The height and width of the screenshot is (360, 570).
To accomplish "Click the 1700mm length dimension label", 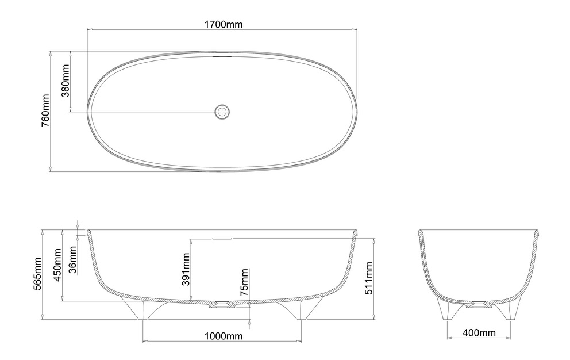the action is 223,24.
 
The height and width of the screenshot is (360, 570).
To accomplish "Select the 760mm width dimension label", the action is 45,110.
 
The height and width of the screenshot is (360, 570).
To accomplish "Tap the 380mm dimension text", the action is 66,81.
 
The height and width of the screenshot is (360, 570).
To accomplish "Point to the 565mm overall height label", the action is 37,274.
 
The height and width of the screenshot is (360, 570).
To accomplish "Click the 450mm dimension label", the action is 57,265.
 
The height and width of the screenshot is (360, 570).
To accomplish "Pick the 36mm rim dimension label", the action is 73,259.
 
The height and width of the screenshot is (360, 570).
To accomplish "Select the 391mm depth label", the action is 186,269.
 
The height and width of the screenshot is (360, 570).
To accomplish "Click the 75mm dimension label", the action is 245,282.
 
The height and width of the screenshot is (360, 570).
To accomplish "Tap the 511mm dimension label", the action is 369,278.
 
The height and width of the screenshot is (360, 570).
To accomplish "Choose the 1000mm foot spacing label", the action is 223,336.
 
